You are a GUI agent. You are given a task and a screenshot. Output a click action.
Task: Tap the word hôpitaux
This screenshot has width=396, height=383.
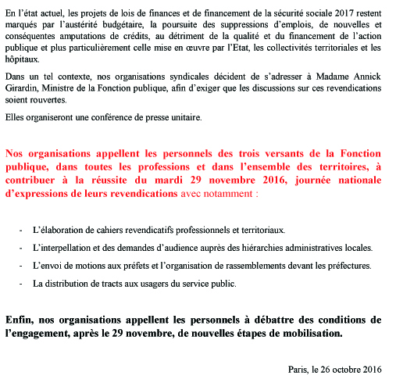tap(23, 60)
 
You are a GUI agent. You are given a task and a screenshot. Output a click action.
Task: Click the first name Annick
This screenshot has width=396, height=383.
tap(371, 77)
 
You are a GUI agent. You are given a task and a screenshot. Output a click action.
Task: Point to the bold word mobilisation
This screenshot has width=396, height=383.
tap(308, 333)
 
